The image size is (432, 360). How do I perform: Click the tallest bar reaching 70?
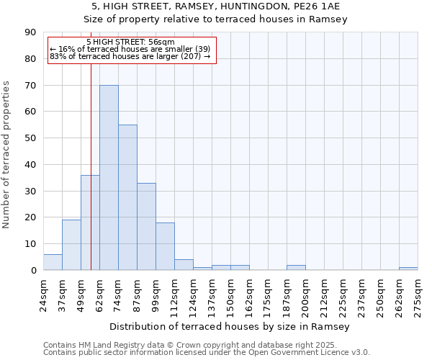point(109,178)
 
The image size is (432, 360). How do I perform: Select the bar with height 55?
point(127,197)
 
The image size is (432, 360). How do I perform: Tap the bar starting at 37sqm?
point(71,245)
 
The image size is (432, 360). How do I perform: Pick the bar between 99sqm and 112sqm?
point(165,246)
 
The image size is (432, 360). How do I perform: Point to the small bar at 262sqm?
point(408,269)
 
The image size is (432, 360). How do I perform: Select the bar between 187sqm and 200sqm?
point(296,267)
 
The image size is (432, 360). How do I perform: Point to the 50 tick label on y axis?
point(32,138)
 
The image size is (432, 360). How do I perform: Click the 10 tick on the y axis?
point(32,244)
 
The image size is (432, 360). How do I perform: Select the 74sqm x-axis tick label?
point(119,292)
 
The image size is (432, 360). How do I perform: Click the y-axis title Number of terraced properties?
point(7,154)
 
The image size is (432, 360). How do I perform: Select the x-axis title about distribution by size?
point(230,327)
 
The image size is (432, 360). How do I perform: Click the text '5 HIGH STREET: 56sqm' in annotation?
point(130,42)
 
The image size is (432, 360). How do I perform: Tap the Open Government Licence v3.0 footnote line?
point(207,353)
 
